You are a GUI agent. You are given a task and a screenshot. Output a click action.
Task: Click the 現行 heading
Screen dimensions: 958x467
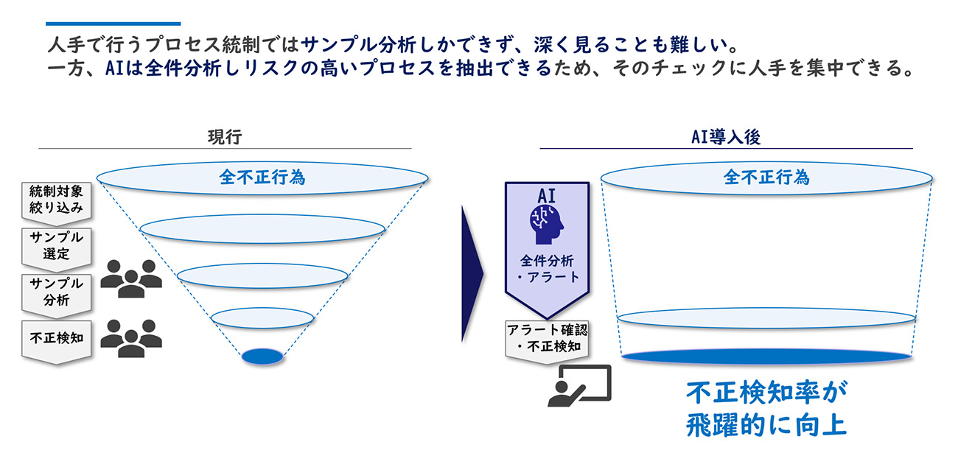click(225, 137)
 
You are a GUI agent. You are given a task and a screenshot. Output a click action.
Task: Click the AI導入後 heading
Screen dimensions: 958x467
click(726, 137)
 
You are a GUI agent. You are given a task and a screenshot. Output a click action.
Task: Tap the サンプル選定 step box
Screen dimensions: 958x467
click(57, 249)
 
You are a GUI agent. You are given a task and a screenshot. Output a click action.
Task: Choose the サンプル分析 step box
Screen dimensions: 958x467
click(57, 295)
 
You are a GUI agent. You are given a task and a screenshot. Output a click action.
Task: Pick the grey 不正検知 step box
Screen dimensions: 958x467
click(57, 342)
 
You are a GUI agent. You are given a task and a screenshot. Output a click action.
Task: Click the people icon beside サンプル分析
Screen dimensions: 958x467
click(131, 278)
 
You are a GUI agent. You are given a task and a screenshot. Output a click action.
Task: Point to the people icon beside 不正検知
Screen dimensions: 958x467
click(131, 338)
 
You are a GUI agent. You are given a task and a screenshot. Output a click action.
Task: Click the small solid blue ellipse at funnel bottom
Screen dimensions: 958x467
click(262, 357)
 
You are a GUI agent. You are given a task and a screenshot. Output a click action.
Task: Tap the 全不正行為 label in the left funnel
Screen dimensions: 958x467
click(262, 177)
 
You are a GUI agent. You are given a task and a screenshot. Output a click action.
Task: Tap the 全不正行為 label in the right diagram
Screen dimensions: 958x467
click(766, 177)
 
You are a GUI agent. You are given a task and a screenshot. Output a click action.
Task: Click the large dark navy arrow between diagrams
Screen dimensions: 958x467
click(472, 274)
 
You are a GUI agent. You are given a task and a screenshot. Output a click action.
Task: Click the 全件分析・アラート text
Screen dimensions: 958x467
click(547, 269)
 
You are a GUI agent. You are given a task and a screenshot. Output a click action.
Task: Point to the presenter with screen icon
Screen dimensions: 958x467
click(579, 385)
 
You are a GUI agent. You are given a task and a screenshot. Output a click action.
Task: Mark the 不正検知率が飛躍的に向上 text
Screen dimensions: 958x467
click(766, 409)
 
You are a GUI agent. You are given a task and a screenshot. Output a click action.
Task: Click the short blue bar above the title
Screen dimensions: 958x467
click(113, 24)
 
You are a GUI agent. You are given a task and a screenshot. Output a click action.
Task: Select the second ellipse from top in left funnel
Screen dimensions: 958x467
click(262, 229)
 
